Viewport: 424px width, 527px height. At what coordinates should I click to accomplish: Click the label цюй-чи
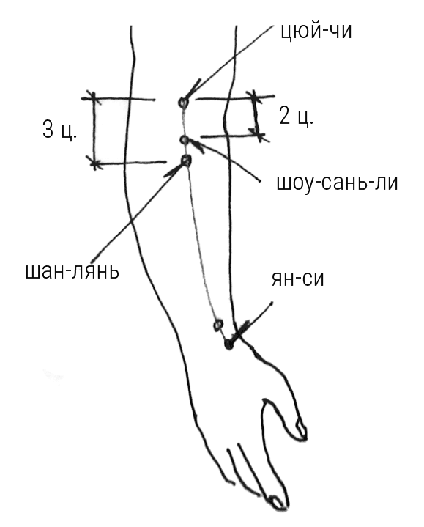pyautogui.click(x=316, y=32)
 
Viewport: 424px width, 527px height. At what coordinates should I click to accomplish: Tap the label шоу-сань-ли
pyautogui.click(x=337, y=183)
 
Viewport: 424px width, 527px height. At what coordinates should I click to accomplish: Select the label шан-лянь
pyautogui.click(x=72, y=271)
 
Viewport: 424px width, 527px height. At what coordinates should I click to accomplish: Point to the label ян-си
pyautogui.click(x=298, y=279)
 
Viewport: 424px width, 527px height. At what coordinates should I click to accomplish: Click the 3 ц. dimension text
pyautogui.click(x=59, y=130)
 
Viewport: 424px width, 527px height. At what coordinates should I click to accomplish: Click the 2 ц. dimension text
pyautogui.click(x=296, y=117)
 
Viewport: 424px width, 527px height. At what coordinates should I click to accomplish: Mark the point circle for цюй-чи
pyautogui.click(x=183, y=102)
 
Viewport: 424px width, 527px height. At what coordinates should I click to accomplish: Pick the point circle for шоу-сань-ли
pyautogui.click(x=184, y=139)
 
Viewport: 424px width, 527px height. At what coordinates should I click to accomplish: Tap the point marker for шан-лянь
pyautogui.click(x=186, y=161)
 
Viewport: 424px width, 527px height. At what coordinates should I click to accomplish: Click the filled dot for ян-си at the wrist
pyautogui.click(x=228, y=344)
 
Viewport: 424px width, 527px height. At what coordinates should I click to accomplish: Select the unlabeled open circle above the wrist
pyautogui.click(x=218, y=325)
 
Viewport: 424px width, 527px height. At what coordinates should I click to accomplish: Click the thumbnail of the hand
pyautogui.click(x=301, y=430)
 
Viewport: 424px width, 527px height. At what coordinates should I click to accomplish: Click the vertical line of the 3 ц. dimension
pyautogui.click(x=94, y=130)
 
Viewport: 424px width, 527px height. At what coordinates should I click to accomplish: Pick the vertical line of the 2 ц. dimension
pyautogui.click(x=256, y=116)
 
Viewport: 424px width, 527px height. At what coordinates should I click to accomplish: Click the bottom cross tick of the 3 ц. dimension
pyautogui.click(x=95, y=163)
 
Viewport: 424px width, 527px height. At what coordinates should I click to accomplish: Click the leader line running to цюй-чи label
pyautogui.click(x=229, y=61)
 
